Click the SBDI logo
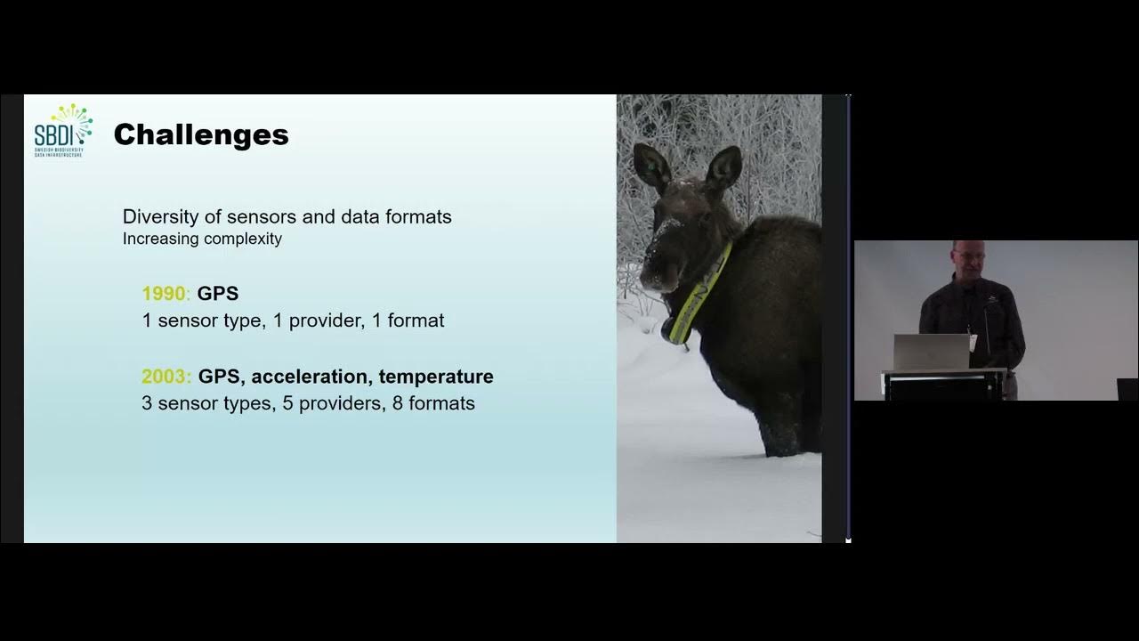click(63, 131)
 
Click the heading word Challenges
click(201, 134)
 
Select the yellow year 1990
click(165, 294)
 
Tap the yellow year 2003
click(165, 377)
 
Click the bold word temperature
click(436, 377)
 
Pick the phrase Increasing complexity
click(202, 239)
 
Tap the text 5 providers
click(331, 403)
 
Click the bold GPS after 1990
click(218, 294)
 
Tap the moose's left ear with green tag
click(652, 167)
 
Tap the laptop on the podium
click(931, 352)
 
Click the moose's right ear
click(723, 169)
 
